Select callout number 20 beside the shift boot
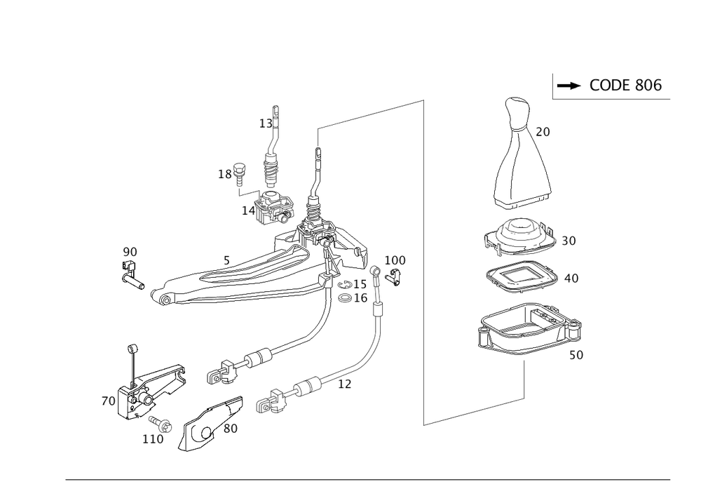pos(543,131)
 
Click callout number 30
pos(569,241)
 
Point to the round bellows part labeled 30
pos(520,239)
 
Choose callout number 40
pos(571,279)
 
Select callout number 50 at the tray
pos(575,356)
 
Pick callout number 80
pos(231,427)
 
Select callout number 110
pos(152,439)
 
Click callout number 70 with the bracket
pos(108,402)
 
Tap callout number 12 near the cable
pos(344,385)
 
